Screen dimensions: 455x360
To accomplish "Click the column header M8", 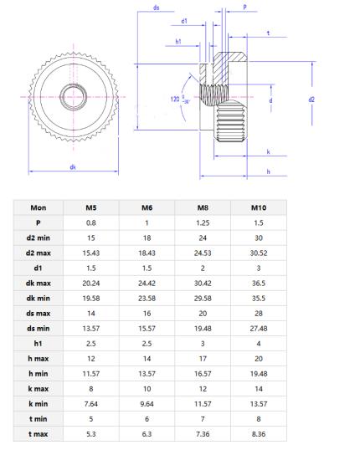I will [202, 208].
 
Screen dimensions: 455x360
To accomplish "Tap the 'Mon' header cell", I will [39, 208].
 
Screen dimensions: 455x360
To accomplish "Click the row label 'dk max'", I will [39, 283].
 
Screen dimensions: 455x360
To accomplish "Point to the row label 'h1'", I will [39, 343].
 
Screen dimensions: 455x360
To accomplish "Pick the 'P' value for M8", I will [202, 223].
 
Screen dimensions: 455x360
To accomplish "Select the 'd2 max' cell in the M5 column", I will [91, 253].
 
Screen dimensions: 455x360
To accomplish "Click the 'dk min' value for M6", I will [147, 298].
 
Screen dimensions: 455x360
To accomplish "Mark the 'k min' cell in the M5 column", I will [91, 403].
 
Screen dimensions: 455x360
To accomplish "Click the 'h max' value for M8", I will [202, 358].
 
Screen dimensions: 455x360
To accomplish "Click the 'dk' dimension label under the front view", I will [74, 167].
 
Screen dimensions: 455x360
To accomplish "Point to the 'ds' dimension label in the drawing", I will [157, 8].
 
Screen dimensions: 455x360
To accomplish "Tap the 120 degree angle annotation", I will [177, 100].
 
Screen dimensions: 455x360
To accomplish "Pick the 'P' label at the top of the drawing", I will [244, 8].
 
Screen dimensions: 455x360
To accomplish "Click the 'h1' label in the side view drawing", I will [178, 40].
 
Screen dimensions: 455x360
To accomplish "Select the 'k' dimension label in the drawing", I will [268, 152].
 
